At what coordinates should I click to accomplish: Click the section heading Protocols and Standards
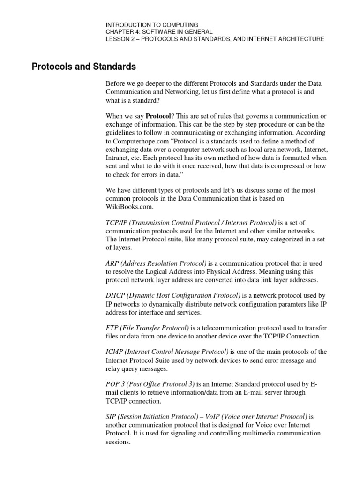(83, 66)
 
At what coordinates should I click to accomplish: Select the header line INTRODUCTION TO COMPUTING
(152, 24)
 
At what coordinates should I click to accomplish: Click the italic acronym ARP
(113, 264)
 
